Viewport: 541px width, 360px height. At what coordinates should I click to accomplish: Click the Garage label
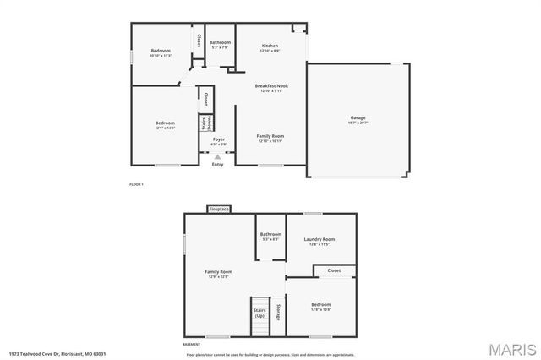(358, 117)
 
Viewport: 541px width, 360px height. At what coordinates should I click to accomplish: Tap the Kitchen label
(270, 46)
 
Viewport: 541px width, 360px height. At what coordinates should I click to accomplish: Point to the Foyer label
(218, 139)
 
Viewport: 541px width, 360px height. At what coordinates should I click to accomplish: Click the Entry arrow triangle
(218, 156)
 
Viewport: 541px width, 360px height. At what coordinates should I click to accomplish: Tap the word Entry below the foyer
(218, 165)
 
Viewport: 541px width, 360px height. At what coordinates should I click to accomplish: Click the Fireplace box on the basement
(219, 208)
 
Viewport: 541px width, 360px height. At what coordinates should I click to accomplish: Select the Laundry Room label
(320, 239)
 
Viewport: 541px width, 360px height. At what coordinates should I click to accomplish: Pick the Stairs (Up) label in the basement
(260, 312)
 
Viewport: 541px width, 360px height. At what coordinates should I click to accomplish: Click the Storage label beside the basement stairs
(277, 312)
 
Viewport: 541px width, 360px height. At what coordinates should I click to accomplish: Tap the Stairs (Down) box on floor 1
(204, 123)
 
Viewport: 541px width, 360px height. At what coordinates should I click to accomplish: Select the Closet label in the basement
(334, 270)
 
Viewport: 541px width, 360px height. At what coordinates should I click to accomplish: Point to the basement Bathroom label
(270, 234)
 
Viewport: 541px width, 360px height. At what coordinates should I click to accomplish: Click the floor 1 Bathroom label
(220, 42)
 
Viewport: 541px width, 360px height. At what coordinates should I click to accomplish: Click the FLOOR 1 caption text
(136, 184)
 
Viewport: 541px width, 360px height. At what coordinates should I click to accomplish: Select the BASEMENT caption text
(192, 345)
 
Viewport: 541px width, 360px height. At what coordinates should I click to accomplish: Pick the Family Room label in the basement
(218, 272)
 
